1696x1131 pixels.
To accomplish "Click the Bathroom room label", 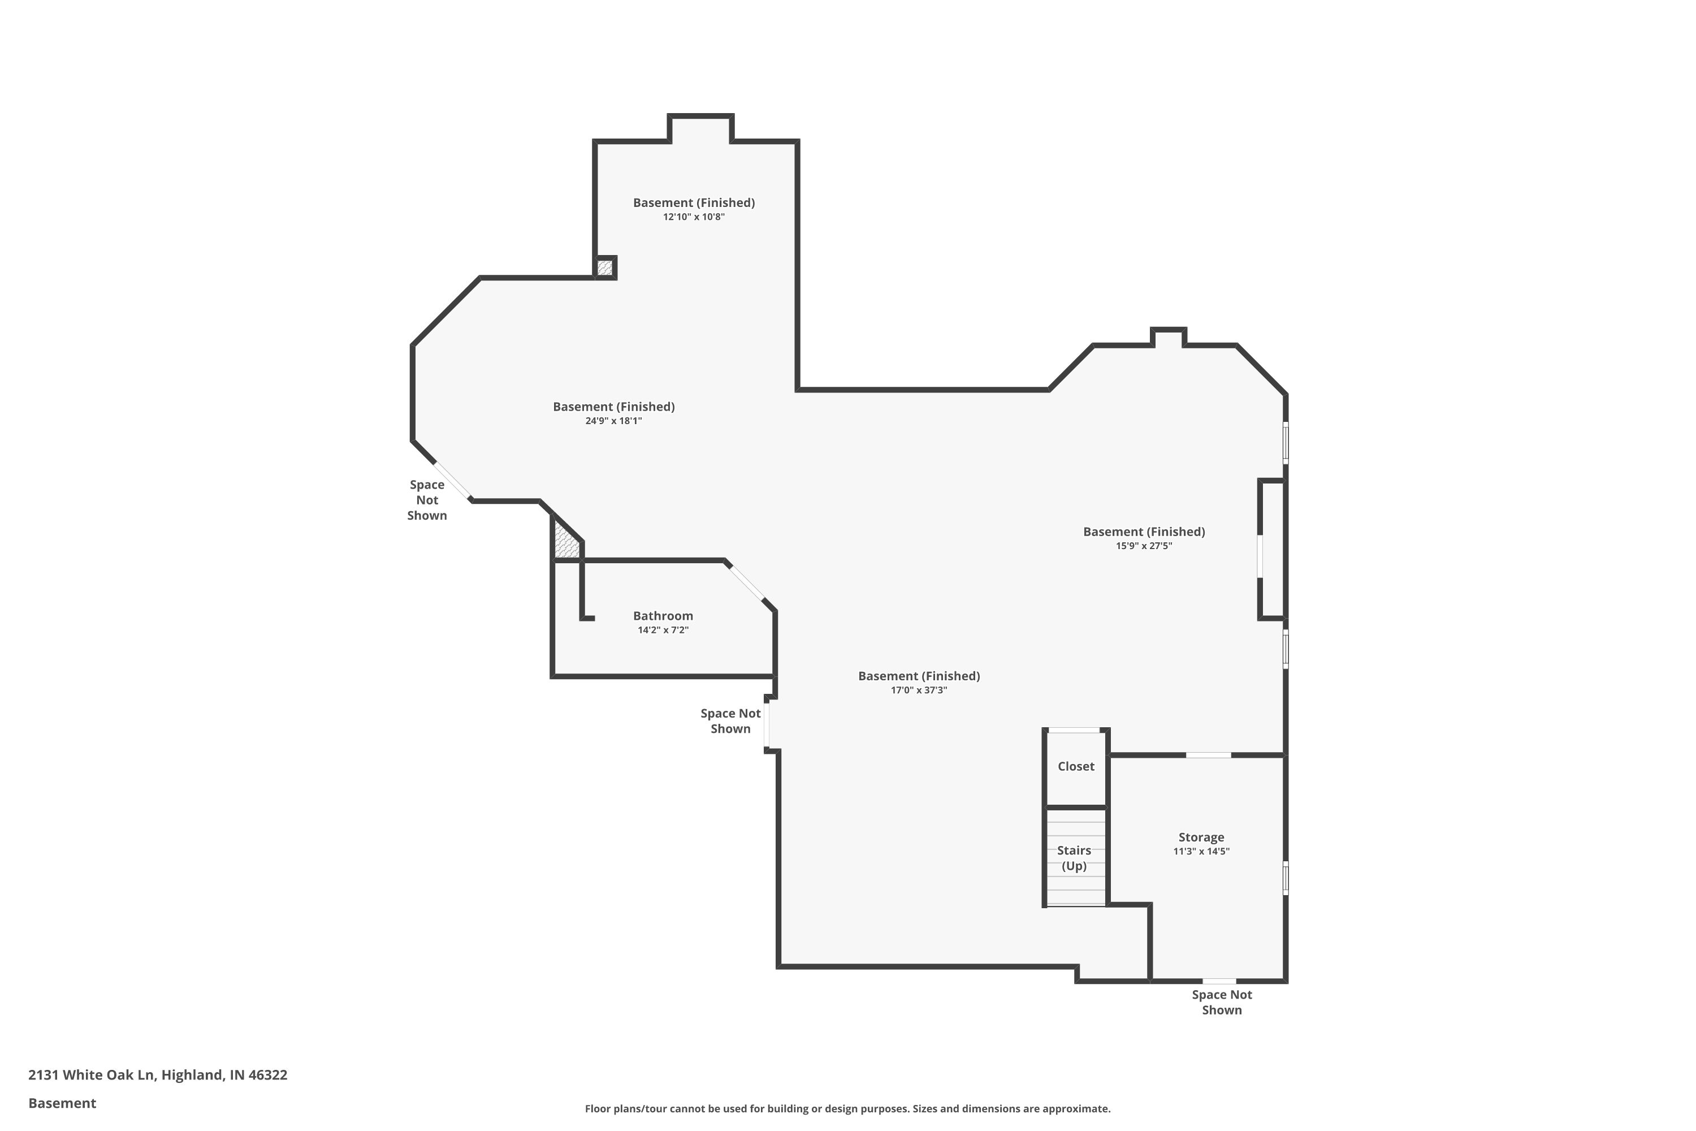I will point(663,615).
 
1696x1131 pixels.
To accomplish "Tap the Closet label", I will point(1075,766).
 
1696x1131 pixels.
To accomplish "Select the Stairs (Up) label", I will point(1074,858).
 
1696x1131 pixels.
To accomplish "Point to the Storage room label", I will point(1201,837).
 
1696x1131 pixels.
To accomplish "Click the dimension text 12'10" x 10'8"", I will point(694,217).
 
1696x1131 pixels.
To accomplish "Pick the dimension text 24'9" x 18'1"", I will point(613,421).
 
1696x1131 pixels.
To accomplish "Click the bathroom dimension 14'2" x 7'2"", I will point(663,630).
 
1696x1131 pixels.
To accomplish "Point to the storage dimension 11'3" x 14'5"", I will point(1201,851).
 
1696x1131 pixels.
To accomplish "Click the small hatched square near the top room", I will point(604,267).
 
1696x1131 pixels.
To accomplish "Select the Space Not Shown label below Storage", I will point(1222,1002).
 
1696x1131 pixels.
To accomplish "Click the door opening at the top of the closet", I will point(1074,731).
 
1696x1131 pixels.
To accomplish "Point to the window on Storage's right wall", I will point(1285,878).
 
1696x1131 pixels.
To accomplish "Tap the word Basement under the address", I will point(62,1103).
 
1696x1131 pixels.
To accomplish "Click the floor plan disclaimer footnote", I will point(847,1108).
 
